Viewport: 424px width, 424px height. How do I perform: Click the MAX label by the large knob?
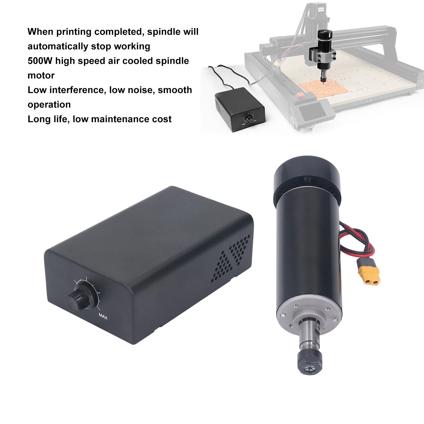tap(103, 316)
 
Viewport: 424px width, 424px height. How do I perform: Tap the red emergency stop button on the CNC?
tap(300, 95)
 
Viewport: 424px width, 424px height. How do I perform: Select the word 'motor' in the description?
tap(41, 75)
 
